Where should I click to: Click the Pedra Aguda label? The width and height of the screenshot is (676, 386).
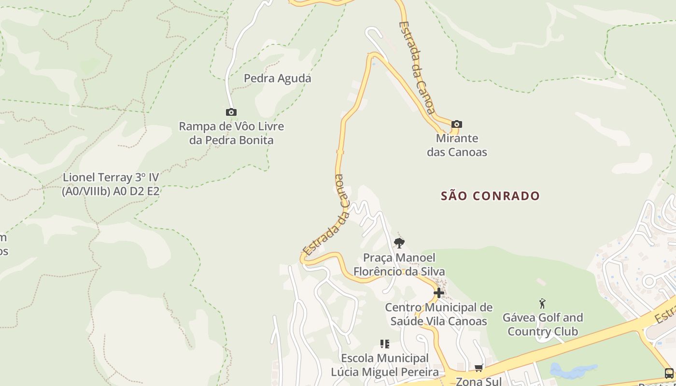click(x=277, y=78)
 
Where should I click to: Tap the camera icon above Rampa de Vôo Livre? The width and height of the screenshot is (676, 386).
click(x=231, y=112)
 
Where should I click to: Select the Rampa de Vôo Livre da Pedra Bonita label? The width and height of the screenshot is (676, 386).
click(x=231, y=133)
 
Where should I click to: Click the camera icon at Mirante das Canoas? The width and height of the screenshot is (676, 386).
click(x=456, y=124)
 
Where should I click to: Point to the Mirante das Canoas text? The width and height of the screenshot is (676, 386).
click(x=457, y=145)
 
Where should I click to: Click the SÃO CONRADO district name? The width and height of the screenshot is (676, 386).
click(x=490, y=196)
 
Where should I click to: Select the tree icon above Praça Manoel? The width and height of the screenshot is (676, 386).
click(x=399, y=243)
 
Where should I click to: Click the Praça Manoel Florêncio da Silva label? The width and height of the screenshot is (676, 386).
click(x=399, y=264)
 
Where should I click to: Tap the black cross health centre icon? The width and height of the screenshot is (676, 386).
click(x=438, y=292)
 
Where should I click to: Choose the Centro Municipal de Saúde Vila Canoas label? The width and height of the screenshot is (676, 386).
click(x=438, y=314)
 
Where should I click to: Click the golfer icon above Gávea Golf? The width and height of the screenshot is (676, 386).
click(x=542, y=303)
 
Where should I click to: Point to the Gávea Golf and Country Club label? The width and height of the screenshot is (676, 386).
click(x=543, y=324)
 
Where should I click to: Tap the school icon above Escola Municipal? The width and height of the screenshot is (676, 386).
click(x=385, y=344)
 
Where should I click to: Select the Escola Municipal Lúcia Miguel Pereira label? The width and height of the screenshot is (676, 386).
click(x=385, y=365)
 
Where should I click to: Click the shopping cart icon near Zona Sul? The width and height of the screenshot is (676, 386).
click(x=479, y=368)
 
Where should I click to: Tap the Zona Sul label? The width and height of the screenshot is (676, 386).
click(x=479, y=381)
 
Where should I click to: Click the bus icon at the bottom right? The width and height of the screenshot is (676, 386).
click(x=669, y=373)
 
